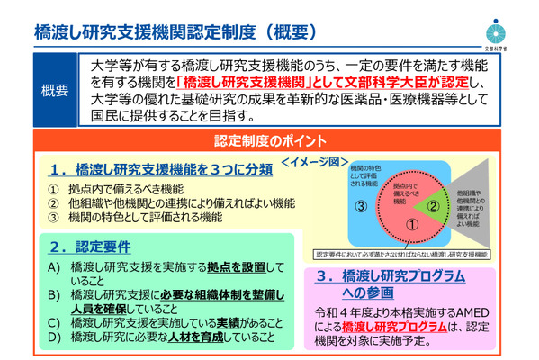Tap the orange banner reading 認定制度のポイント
270,141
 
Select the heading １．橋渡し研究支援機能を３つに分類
149,168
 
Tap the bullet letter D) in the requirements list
55,337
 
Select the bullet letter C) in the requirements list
55,321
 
